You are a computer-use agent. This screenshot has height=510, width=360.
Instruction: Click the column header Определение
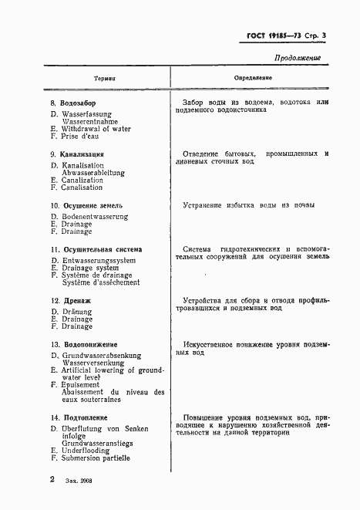click(x=253, y=79)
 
